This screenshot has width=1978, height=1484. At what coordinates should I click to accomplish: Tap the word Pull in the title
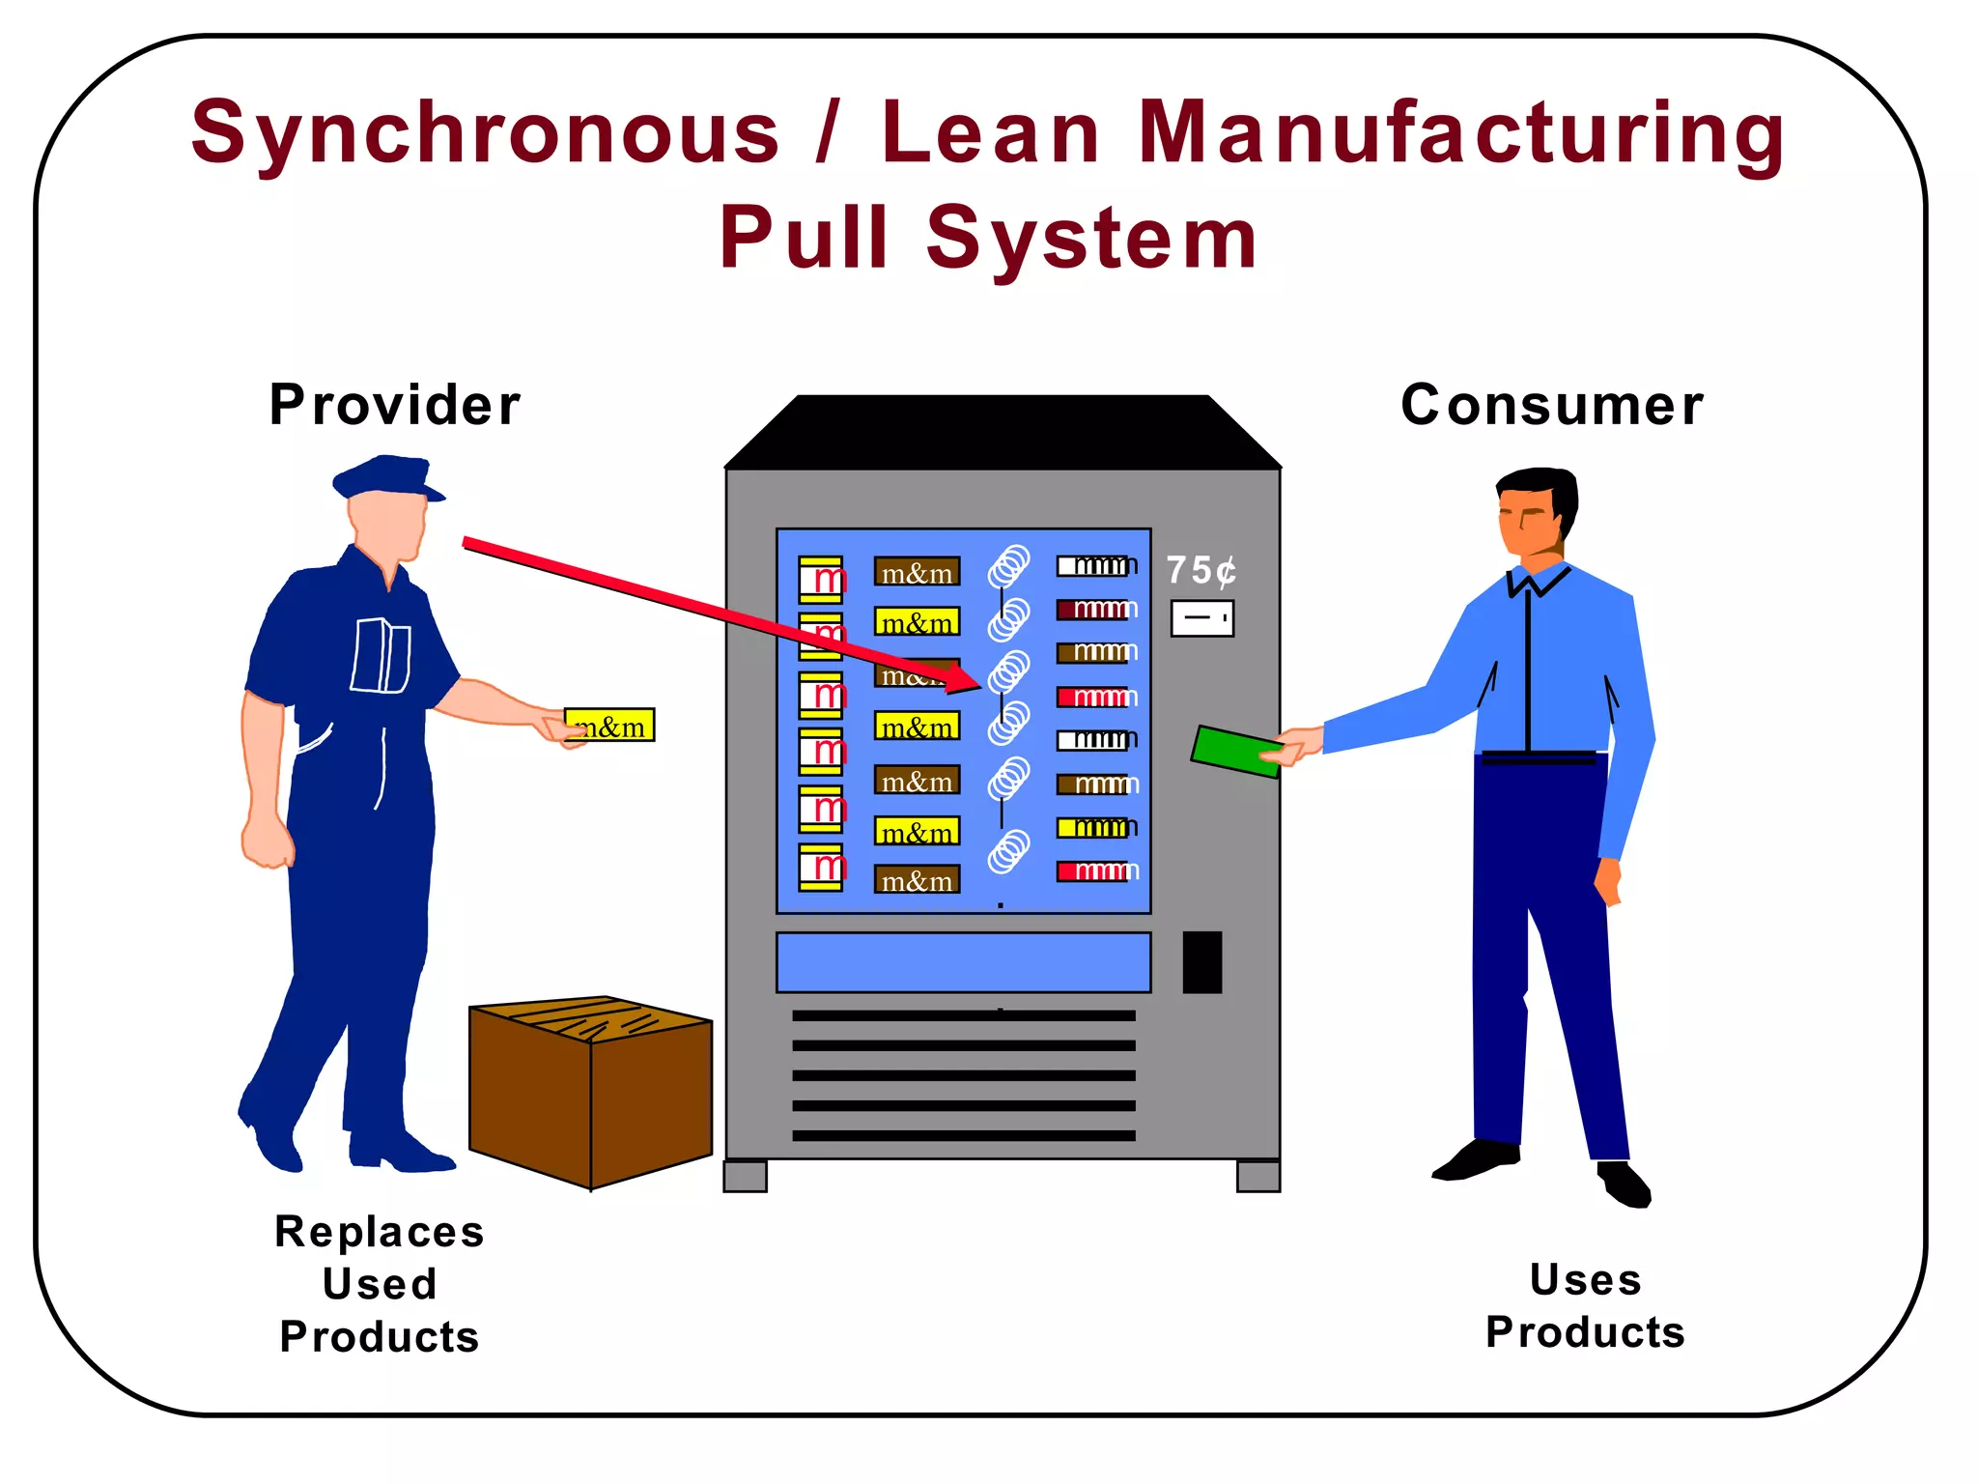click(804, 239)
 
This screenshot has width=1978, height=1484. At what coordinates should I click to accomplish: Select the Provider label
click(394, 405)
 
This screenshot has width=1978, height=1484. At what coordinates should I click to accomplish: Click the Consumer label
click(1552, 405)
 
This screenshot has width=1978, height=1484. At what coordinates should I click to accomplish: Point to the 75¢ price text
click(1201, 570)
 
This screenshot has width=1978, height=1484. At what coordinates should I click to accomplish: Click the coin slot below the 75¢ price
click(1201, 618)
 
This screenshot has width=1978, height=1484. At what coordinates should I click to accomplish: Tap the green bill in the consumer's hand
click(1235, 752)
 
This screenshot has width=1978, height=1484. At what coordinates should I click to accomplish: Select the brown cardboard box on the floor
click(590, 1092)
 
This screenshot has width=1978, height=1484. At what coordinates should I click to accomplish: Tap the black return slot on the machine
click(1201, 962)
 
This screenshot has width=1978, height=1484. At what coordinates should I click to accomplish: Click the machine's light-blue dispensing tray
click(963, 962)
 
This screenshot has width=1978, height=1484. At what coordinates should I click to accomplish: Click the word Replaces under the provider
click(379, 1233)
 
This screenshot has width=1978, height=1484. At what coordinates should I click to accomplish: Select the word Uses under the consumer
click(1585, 1280)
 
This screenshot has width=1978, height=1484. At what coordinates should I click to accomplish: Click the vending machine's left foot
click(745, 1176)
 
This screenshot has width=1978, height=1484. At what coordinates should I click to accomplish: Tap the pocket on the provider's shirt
click(381, 656)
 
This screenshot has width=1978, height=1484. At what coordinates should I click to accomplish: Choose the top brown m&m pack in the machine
click(917, 572)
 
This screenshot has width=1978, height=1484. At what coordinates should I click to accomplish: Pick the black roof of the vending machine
click(1003, 432)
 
